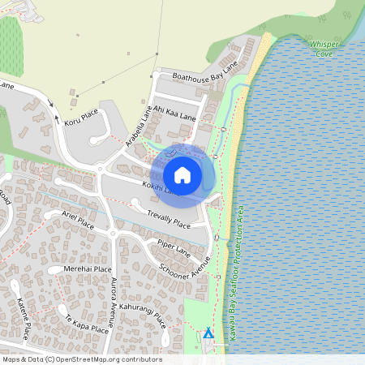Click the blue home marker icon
point(182,175)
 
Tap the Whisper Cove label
point(321,49)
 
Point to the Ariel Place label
point(78,220)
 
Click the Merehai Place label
point(91,269)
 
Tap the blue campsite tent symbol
point(208,333)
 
